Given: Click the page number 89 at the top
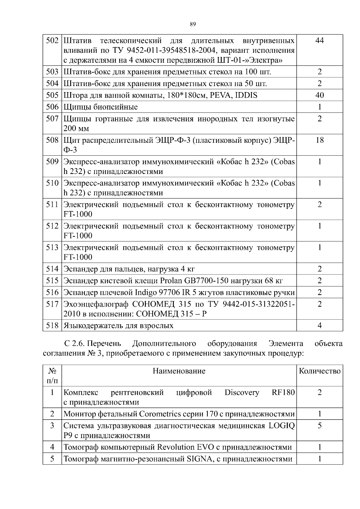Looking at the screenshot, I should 193,24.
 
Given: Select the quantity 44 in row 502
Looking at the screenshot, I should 319,40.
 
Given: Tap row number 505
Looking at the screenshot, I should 52,95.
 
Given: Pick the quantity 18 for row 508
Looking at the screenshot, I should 319,140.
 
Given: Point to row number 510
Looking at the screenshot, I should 52,183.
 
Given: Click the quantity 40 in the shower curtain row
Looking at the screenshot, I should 319,95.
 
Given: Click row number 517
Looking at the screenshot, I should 52,304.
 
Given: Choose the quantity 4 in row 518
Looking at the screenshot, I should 319,325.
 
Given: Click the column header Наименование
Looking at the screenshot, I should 179,371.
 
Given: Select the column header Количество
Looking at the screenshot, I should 319,371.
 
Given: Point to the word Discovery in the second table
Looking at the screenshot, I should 241,392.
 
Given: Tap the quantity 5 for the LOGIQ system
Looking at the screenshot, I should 319,426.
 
